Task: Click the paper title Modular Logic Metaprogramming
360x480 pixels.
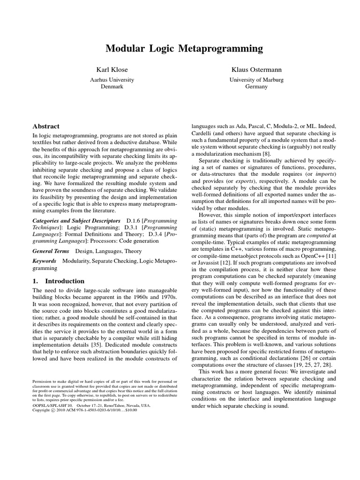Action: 184,48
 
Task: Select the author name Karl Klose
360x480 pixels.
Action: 112,70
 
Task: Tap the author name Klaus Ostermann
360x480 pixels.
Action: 256,70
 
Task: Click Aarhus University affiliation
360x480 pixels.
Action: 112,80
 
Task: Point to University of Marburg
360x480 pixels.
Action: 256,80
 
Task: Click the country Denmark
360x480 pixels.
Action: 112,87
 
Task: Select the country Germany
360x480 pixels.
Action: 256,87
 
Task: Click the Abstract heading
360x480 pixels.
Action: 45,126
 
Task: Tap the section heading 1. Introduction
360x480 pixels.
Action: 58,281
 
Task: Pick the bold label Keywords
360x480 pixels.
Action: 44,261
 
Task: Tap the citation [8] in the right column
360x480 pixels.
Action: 267,153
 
